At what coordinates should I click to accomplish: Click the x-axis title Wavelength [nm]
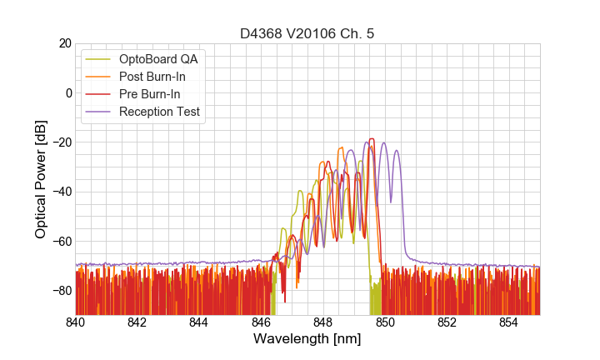(307, 340)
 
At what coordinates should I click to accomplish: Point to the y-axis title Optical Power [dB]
(41, 178)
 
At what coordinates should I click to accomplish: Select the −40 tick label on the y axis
(58, 192)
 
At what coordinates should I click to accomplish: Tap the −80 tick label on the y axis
(58, 291)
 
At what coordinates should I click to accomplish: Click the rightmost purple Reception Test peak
(397, 151)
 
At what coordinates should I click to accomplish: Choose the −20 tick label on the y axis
(58, 142)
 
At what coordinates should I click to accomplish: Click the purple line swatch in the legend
(98, 112)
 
